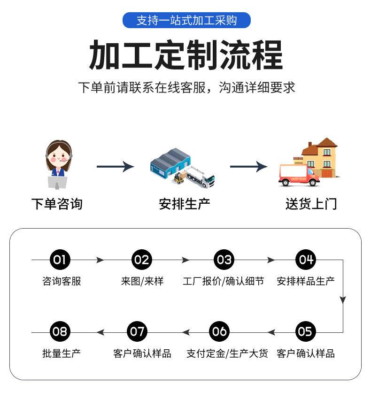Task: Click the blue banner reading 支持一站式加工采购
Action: (x=186, y=20)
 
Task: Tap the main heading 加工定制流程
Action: (x=186, y=55)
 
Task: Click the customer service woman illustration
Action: (x=58, y=164)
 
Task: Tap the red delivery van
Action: (x=299, y=175)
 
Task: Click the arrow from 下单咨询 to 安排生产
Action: (x=115, y=167)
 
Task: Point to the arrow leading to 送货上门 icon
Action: (x=249, y=167)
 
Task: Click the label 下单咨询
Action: (x=57, y=204)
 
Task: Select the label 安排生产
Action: (x=185, y=204)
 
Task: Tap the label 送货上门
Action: (x=311, y=204)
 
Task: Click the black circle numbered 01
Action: (x=60, y=260)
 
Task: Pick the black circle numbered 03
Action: (x=224, y=260)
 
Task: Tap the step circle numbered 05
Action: (x=306, y=331)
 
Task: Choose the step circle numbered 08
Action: (x=60, y=331)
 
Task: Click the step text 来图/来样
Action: (x=142, y=281)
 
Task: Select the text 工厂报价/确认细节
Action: (x=223, y=281)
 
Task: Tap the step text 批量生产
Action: (x=62, y=353)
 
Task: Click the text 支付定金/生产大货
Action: (x=227, y=353)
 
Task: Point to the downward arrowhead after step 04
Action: (x=343, y=300)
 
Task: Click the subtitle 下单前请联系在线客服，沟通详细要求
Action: (x=186, y=87)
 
